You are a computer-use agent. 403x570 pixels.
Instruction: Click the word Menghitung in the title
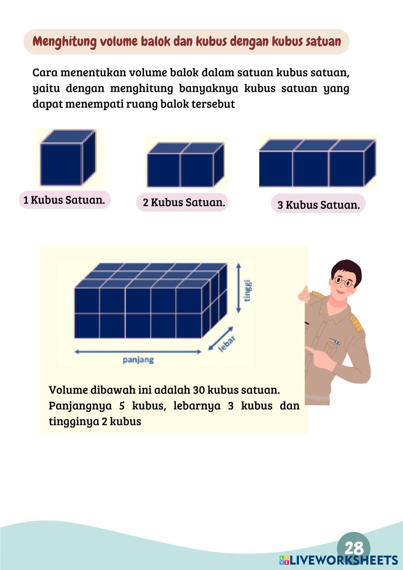click(64, 42)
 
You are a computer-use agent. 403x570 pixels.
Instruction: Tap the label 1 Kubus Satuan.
click(64, 200)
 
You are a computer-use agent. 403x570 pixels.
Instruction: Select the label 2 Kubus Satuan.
click(184, 202)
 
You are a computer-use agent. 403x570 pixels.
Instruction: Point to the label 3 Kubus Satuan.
click(318, 205)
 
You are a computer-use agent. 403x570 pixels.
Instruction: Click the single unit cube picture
click(68, 158)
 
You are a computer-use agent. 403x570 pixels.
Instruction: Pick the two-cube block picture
click(186, 164)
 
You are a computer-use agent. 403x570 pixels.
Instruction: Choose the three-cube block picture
click(317, 163)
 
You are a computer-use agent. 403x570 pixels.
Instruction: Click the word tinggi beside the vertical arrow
click(248, 291)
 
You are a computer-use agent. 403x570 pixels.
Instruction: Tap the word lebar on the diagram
click(227, 344)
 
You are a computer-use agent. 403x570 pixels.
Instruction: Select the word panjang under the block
click(138, 360)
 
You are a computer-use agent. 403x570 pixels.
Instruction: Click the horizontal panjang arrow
click(138, 352)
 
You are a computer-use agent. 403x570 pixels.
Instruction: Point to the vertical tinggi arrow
click(239, 288)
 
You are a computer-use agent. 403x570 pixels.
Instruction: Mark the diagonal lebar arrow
click(220, 339)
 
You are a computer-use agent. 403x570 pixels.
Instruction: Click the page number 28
click(354, 548)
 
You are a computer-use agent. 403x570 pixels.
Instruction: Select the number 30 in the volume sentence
click(199, 390)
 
